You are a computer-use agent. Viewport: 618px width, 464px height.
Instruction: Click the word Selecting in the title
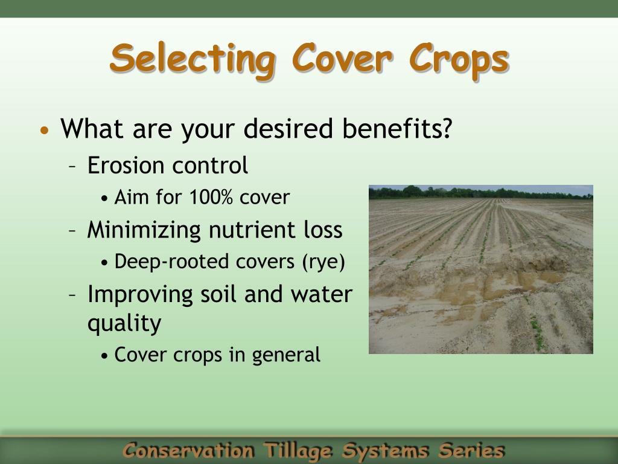point(193,60)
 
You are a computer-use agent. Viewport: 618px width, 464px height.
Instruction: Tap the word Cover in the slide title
point(342,59)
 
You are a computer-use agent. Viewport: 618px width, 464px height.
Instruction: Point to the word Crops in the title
point(459,61)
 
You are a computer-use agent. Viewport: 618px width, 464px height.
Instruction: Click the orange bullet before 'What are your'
point(45,130)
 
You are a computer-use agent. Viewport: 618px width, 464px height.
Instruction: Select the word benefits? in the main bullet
point(397,128)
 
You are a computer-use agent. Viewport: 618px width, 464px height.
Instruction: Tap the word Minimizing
point(144,230)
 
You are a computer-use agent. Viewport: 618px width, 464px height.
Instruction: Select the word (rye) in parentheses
point(323,262)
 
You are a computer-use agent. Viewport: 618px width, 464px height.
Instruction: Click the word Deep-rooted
point(165,262)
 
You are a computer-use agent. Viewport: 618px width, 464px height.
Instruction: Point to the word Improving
point(140,295)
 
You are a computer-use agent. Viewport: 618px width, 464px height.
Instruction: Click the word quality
point(124,324)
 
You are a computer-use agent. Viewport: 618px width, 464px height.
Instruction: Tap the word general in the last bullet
point(286,355)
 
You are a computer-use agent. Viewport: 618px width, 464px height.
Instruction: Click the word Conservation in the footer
point(189,451)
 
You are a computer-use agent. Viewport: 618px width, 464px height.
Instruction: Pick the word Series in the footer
point(471,450)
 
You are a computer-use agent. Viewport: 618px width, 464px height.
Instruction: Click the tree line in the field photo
point(481,193)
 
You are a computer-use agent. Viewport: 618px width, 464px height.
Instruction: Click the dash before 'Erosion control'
point(72,166)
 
